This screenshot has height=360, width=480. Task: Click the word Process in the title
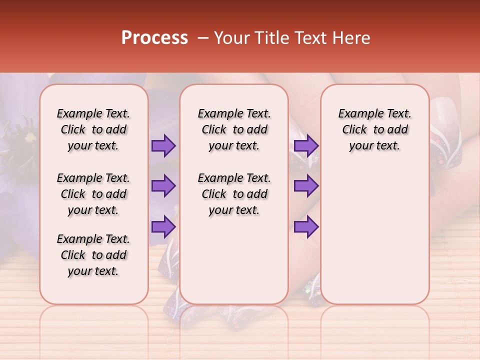(154, 38)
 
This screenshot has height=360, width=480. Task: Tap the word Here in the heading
(350, 38)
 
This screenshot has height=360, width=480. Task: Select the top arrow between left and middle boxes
(163, 145)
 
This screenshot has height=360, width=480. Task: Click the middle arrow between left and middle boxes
(163, 186)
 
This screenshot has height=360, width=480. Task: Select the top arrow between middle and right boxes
(306, 145)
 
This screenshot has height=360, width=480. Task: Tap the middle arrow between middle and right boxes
(306, 186)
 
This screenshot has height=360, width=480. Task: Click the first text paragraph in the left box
(93, 129)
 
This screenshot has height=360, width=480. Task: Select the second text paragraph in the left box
(93, 194)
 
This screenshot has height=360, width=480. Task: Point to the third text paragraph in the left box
(93, 255)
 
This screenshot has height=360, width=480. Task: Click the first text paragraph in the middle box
(234, 129)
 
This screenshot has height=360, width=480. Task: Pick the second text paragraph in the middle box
(234, 194)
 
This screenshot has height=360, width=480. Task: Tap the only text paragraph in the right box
(374, 129)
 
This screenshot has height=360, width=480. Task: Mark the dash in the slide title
(203, 38)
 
